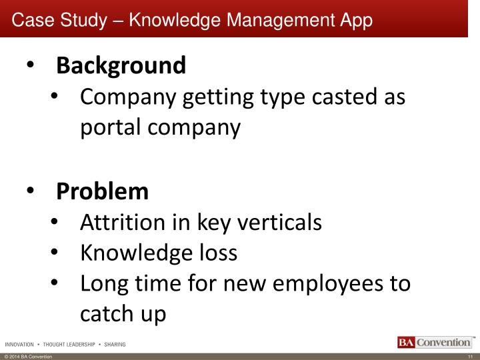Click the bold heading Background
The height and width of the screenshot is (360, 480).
click(x=121, y=66)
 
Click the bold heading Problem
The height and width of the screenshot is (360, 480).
click(x=103, y=192)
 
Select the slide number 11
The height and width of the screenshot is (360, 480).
click(x=469, y=357)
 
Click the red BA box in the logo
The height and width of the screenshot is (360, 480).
click(x=405, y=343)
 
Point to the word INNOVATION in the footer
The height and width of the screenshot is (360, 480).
click(x=20, y=345)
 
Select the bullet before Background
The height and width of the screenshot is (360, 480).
click(x=33, y=67)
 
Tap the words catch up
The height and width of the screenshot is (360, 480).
click(x=123, y=315)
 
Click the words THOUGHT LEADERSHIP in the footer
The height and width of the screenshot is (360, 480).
click(x=70, y=345)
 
